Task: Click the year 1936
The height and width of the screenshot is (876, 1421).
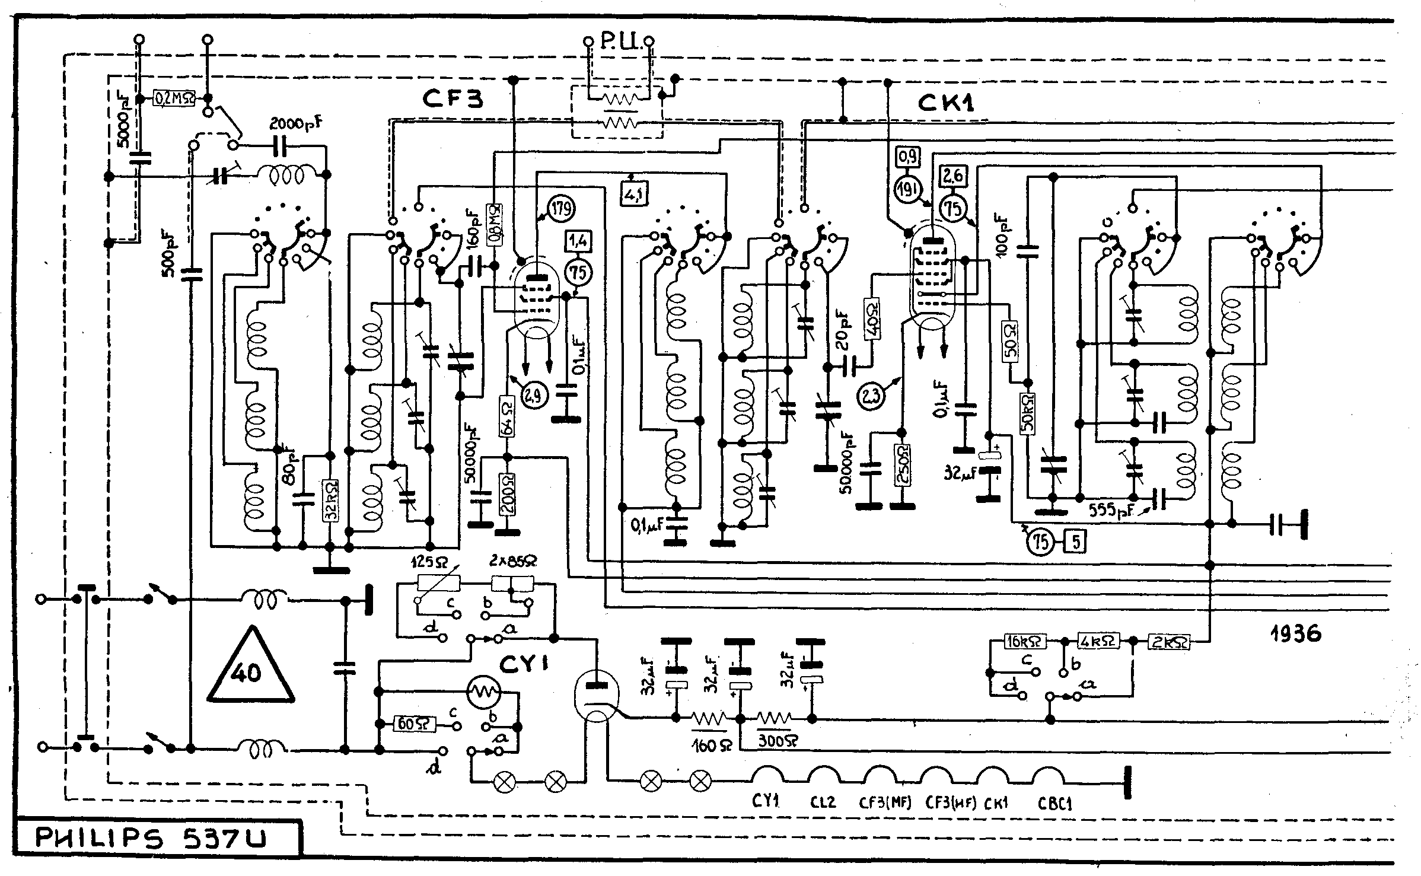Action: pos(1295,634)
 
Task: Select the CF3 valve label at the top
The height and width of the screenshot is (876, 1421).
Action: pos(453,98)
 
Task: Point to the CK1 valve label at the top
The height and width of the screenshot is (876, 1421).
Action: pos(945,103)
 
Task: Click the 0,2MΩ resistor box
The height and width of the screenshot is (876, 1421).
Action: pos(174,98)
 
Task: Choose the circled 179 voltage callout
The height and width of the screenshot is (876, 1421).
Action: pos(561,209)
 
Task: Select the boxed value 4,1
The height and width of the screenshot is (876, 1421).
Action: pos(635,193)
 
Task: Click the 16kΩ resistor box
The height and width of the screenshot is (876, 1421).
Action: pos(1024,641)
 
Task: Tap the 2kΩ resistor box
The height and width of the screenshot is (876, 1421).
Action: pos(1170,641)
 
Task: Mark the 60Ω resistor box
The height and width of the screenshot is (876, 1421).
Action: pos(415,724)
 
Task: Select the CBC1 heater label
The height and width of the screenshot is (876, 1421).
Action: pos(1054,804)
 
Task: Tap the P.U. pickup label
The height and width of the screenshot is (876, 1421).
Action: pos(618,42)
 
